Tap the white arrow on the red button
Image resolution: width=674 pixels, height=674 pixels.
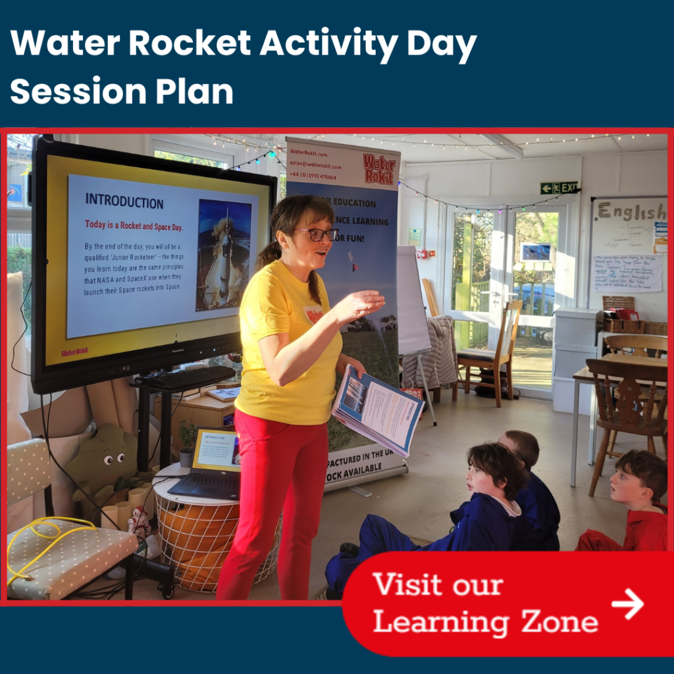[627, 604]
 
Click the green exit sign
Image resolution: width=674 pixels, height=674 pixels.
[559, 188]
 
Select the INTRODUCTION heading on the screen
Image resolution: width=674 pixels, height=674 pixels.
[124, 201]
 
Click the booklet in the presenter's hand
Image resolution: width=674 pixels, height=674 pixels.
[378, 407]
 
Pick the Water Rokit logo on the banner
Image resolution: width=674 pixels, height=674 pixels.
[378, 168]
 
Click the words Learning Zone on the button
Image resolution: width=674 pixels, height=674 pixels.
[486, 621]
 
